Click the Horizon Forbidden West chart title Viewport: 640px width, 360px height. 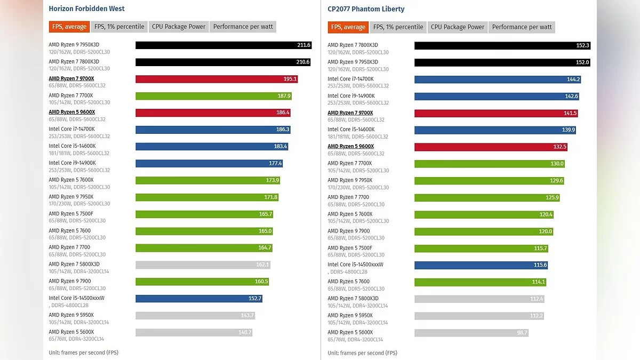tap(86, 9)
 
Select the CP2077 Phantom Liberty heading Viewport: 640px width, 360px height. tap(366, 9)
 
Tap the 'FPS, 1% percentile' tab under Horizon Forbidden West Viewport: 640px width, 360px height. tap(119, 27)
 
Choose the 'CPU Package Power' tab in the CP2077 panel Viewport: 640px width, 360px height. tap(458, 27)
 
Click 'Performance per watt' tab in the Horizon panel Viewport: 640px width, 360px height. tap(243, 27)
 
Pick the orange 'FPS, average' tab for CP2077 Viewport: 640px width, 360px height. tap(348, 27)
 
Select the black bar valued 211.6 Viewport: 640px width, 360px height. tap(223, 45)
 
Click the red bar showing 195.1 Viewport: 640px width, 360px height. tap(216, 79)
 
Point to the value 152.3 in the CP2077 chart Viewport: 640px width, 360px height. tap(582, 45)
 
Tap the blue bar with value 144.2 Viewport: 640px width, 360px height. tap(497, 79)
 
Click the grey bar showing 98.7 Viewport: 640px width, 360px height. tap(471, 333)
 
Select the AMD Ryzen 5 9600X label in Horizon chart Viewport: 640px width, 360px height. tap(72, 112)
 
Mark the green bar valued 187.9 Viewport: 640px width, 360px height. tap(213, 96)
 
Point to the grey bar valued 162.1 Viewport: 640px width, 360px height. tap(203, 265)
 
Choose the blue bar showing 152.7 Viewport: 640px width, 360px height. tap(198, 299)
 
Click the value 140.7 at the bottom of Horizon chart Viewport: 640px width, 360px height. tap(245, 332)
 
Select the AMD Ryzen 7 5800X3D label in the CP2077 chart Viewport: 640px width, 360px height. tap(353, 299)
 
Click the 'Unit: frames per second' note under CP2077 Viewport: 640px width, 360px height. tap(362, 353)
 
